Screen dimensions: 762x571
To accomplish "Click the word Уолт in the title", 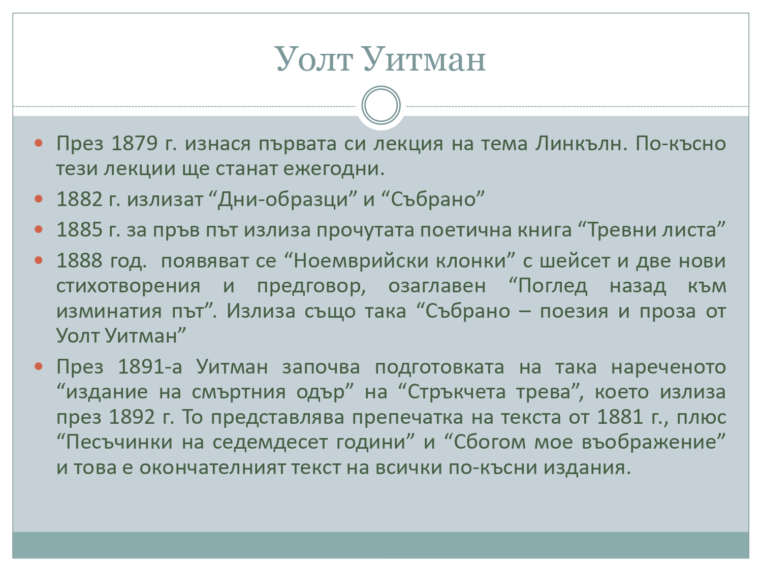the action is pos(314,59).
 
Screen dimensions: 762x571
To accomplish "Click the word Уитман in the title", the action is pos(425,59).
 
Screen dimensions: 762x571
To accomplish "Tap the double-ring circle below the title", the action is pos(381,105).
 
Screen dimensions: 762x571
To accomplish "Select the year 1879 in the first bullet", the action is pos(135,143).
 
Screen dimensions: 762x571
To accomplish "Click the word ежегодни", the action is pos(334,169).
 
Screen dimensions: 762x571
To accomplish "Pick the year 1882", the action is pos(79,199).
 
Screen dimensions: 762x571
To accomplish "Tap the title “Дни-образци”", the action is pos(283,200).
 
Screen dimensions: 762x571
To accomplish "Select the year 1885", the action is pos(79,229).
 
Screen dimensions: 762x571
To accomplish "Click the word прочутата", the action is pos(365,230).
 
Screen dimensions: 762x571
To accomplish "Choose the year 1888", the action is pos(79,260).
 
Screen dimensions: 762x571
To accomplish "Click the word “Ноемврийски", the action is pos(357,261).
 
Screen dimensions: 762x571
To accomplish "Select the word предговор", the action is pos(311,287).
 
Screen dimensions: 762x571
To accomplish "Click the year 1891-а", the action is pos(150,366).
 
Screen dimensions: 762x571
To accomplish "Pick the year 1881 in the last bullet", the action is pos(620,417).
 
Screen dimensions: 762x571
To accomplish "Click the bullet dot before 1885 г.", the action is pos(39,229).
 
